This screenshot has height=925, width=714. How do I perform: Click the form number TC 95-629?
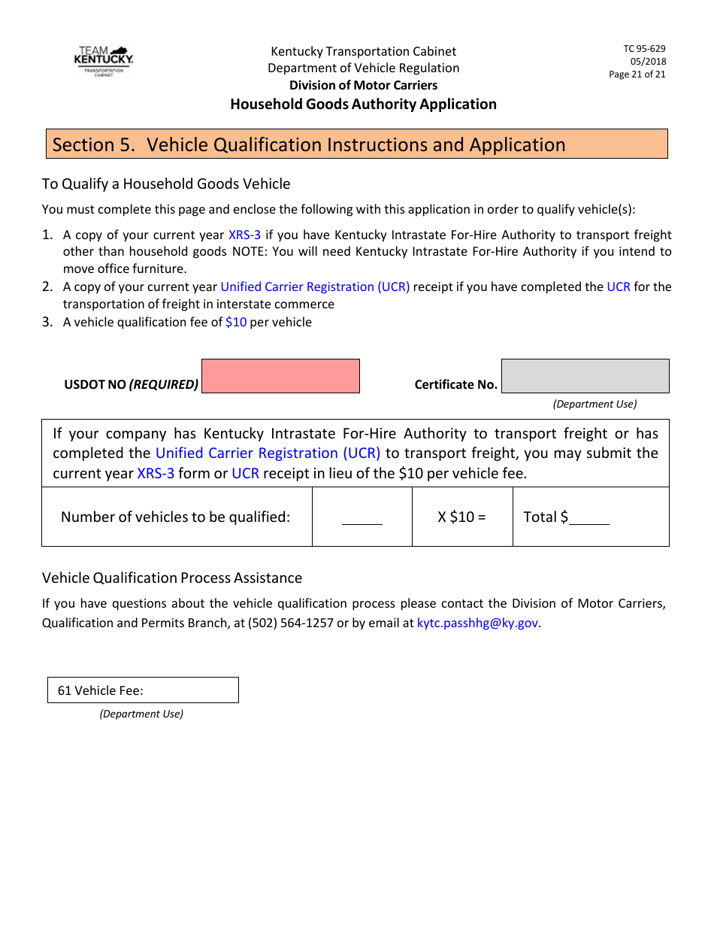(x=644, y=49)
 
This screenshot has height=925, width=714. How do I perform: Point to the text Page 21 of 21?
(x=637, y=74)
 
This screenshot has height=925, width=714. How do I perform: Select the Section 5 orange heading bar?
(x=356, y=144)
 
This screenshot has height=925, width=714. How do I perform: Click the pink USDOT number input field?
(x=280, y=376)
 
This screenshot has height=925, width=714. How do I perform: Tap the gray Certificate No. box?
(x=585, y=376)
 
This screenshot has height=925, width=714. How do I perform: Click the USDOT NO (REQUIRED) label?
(x=132, y=384)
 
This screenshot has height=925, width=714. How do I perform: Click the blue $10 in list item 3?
(x=236, y=322)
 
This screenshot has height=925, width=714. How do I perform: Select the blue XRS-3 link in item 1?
(x=244, y=235)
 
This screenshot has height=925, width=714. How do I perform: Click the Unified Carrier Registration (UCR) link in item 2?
(x=315, y=287)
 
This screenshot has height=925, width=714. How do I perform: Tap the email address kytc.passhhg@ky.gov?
(x=477, y=623)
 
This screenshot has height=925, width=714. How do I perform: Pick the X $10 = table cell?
(x=462, y=517)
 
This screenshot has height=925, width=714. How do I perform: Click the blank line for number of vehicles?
(x=362, y=519)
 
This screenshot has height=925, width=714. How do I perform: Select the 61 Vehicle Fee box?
(x=143, y=690)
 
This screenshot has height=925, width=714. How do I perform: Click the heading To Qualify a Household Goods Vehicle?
(x=166, y=184)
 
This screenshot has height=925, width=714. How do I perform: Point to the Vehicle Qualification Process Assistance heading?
(x=172, y=578)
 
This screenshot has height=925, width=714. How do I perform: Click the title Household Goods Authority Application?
(x=363, y=104)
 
